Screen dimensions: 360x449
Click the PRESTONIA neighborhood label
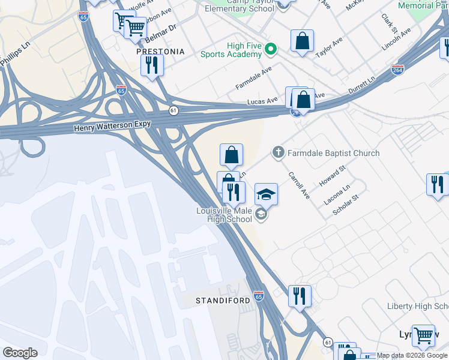coord(160,52)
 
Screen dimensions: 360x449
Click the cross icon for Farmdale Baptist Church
coord(278,153)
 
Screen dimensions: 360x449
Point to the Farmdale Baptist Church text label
coord(333,153)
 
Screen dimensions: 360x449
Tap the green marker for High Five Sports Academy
coord(271,49)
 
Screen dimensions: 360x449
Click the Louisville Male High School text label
coord(224,215)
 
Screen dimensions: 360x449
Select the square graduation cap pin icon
coord(266,195)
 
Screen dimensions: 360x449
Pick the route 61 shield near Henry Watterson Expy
coord(173,110)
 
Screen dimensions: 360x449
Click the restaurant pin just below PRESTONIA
coord(152,65)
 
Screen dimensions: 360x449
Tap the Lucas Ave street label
coord(262,101)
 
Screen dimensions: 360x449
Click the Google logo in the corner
coord(20,353)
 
